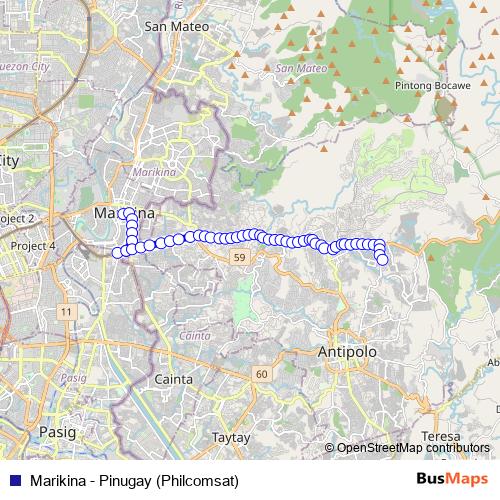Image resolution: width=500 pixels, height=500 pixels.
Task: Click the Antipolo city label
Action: [x=347, y=352]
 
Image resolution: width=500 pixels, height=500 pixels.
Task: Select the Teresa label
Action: [x=440, y=437]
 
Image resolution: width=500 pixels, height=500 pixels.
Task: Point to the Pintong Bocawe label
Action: [x=434, y=87]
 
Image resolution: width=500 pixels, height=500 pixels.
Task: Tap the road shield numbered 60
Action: [x=262, y=374]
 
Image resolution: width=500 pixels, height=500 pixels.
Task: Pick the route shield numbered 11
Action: [x=67, y=313]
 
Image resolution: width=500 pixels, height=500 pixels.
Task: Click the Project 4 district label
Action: [x=32, y=245]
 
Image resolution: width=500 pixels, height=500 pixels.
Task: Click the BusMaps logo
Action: [x=451, y=479]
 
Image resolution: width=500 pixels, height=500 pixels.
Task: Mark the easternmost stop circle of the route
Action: [x=382, y=260]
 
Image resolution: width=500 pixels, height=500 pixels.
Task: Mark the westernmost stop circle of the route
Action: [x=117, y=252]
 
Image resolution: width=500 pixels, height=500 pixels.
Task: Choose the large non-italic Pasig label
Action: [x=56, y=431]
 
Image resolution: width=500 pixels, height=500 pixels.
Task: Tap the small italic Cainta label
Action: [x=197, y=336]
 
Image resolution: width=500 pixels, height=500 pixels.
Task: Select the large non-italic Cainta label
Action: [x=173, y=379]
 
